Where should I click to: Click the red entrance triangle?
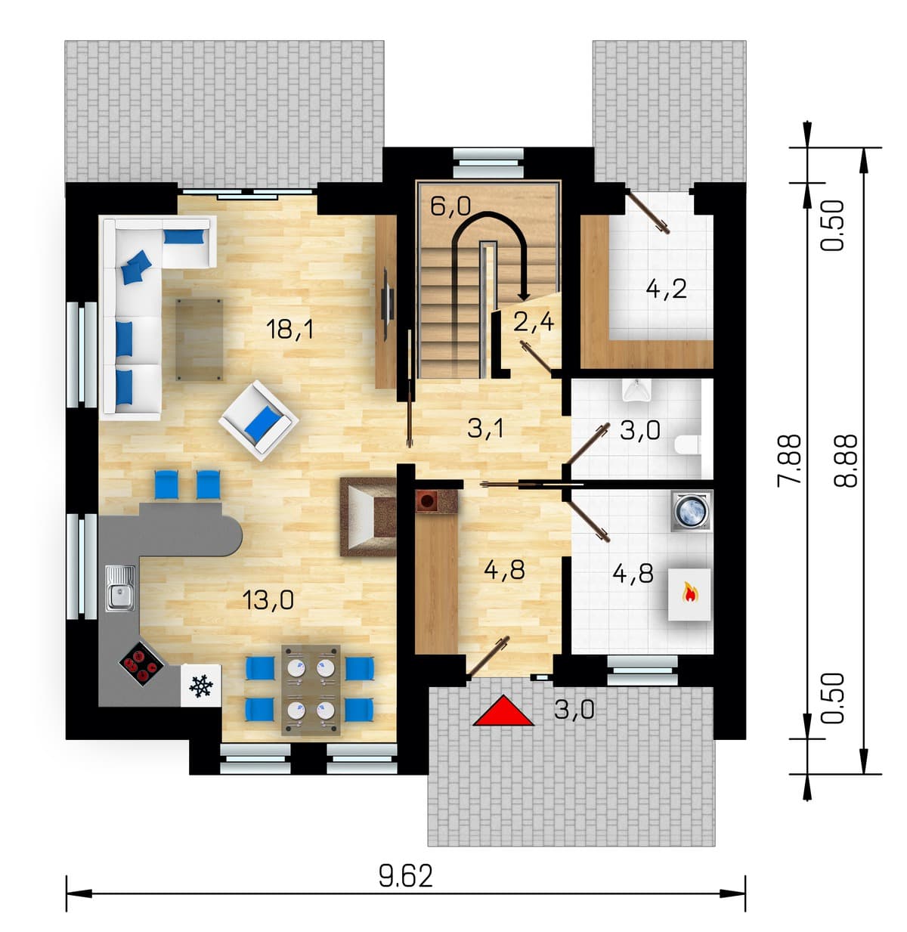(x=503, y=711)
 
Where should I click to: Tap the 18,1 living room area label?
(x=289, y=330)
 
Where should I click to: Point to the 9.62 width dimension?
(x=405, y=876)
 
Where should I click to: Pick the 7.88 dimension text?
(x=790, y=460)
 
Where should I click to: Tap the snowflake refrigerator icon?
(x=200, y=686)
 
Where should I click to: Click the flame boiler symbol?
(x=689, y=594)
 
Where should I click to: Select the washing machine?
(x=692, y=510)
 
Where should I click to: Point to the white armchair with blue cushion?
(x=258, y=420)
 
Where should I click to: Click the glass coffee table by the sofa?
(x=199, y=339)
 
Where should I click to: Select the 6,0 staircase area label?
(x=450, y=206)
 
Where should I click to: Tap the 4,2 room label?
(x=666, y=289)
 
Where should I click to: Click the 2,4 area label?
(x=534, y=321)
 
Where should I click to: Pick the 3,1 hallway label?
(x=485, y=428)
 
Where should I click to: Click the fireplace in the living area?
(x=368, y=516)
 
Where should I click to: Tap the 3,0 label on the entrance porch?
(x=574, y=709)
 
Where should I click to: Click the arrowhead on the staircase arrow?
(x=525, y=296)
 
